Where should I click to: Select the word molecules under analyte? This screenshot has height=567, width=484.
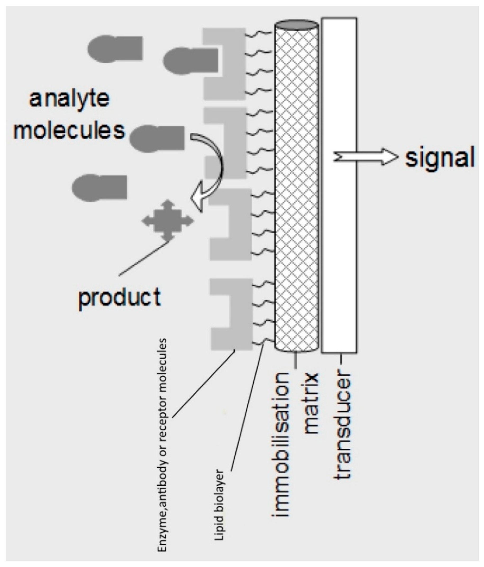(69, 131)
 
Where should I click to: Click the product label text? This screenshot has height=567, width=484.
(120, 298)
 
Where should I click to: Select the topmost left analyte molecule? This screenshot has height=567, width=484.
(115, 48)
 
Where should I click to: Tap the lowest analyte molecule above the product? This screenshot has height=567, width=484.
(99, 187)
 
